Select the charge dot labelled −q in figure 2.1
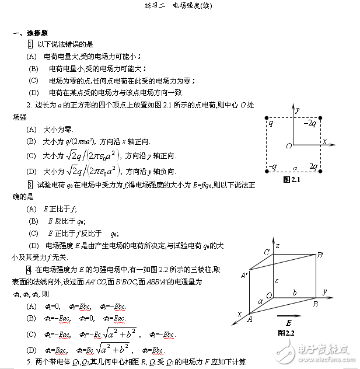(267, 171)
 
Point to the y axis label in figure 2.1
(298, 109)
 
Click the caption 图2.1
(291, 180)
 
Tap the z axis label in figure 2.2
(278, 246)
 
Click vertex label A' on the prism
(244, 274)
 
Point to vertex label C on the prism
(265, 252)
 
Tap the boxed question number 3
(30, 184)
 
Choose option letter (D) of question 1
(33, 92)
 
